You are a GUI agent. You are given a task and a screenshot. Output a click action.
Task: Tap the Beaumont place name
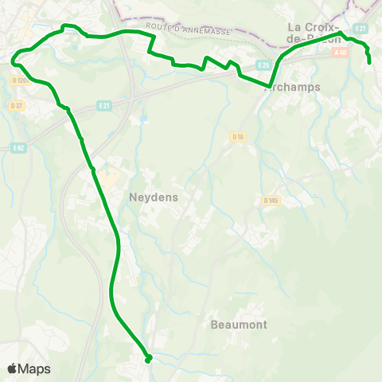coord(239,325)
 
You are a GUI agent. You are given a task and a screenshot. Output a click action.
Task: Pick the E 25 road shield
coord(263,64)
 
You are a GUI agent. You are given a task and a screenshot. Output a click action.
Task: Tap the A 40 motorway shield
coord(341,53)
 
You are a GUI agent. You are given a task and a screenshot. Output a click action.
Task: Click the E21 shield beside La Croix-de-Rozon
coord(361,29)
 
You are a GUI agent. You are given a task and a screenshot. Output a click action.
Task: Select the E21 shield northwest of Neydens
coord(104,104)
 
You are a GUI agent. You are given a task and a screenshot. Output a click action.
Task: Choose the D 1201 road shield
coord(21,80)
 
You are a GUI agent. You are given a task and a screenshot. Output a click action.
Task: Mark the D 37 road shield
coord(16,105)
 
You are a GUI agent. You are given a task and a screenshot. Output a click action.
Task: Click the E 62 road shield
coord(19,147)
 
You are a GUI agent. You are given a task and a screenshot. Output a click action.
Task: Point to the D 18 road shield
coord(237,137)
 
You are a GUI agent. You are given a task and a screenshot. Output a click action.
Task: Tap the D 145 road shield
coord(271,201)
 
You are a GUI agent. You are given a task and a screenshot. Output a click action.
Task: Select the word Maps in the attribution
coord(34,368)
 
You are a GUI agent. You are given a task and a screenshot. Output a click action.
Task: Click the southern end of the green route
coord(148,359)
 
